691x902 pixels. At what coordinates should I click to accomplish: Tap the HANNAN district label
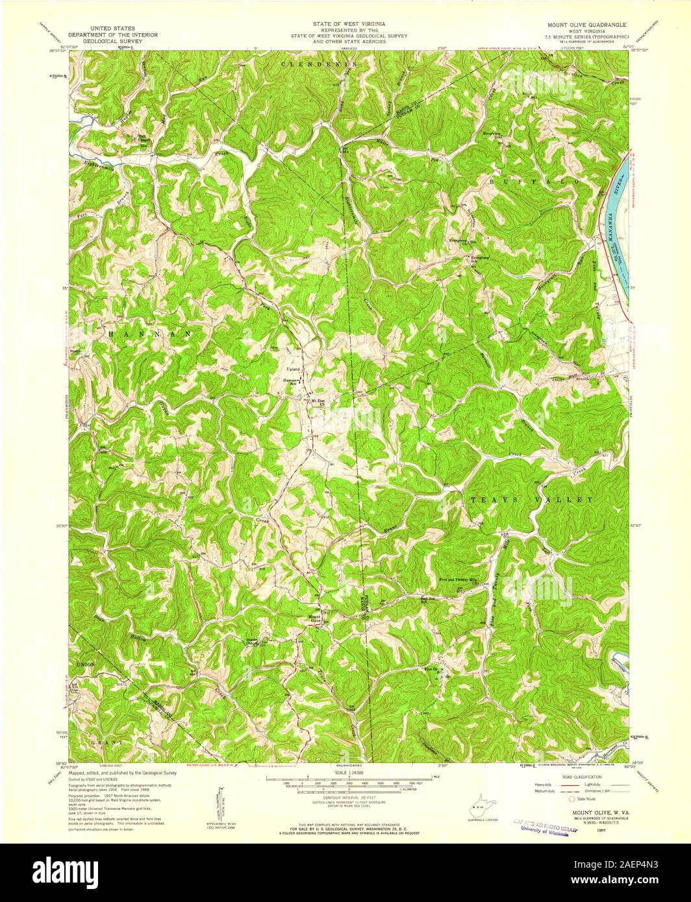[x=149, y=333]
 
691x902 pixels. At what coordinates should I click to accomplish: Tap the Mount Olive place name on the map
[x=314, y=618]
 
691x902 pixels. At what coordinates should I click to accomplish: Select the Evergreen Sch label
[x=480, y=258]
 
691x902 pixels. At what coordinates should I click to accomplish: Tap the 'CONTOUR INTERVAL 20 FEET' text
[x=345, y=796]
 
